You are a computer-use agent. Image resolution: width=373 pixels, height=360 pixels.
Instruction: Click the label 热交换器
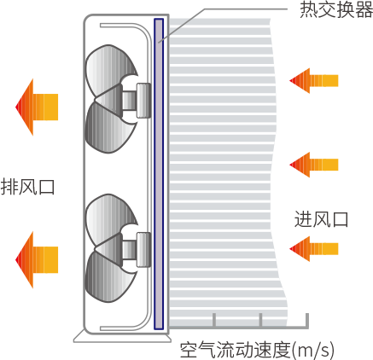click(336, 9)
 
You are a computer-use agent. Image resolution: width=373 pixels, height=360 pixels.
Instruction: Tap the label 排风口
click(27, 187)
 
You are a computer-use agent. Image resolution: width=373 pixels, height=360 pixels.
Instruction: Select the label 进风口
click(321, 219)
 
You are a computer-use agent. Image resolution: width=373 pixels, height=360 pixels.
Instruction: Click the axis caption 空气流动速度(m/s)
click(257, 350)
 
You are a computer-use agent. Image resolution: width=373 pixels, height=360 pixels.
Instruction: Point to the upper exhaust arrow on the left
click(37, 107)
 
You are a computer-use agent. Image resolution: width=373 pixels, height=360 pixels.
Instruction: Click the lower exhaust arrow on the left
click(37, 260)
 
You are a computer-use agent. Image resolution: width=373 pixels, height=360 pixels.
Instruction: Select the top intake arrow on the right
click(314, 81)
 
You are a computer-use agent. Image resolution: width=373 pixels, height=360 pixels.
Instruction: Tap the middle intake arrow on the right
click(314, 165)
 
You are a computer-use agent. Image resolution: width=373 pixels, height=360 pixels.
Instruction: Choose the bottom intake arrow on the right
click(314, 249)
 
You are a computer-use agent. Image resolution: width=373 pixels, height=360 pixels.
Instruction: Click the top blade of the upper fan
click(111, 70)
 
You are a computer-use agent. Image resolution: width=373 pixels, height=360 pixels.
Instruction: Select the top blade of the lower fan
click(111, 219)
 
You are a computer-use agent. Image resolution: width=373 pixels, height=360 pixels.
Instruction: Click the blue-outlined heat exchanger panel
click(159, 174)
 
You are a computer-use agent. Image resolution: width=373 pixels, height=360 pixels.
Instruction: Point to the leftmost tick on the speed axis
click(214, 320)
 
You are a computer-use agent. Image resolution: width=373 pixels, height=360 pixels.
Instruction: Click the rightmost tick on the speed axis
click(307, 320)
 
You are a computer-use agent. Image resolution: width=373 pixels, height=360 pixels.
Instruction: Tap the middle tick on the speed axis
click(260, 320)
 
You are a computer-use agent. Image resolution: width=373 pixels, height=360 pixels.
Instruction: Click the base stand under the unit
click(122, 338)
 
